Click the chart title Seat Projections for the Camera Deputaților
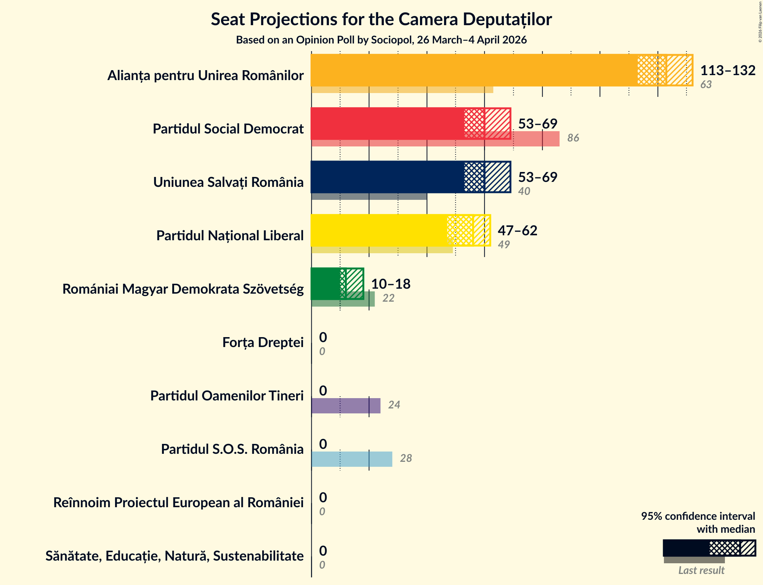(381, 19)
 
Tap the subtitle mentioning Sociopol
(381, 40)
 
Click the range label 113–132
(728, 71)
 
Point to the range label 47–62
(517, 231)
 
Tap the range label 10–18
(391, 284)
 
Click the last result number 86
(573, 138)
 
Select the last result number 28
(406, 458)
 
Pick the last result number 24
(394, 405)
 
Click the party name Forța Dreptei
(263, 342)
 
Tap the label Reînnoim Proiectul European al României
(178, 503)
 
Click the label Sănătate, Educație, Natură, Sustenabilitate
(174, 556)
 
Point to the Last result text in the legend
(701, 571)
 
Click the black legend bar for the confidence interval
(686, 548)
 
